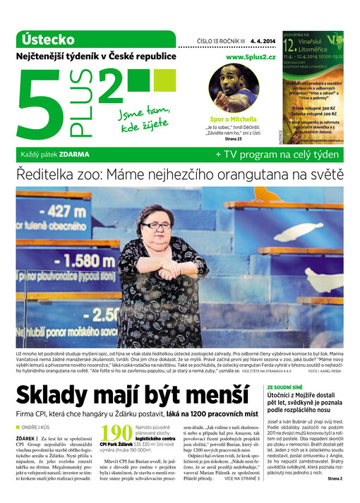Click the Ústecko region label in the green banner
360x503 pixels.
tap(49, 39)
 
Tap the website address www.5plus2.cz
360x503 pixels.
tap(251, 56)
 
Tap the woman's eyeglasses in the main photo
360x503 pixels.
tap(157, 226)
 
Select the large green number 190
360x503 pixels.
tap(115, 436)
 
